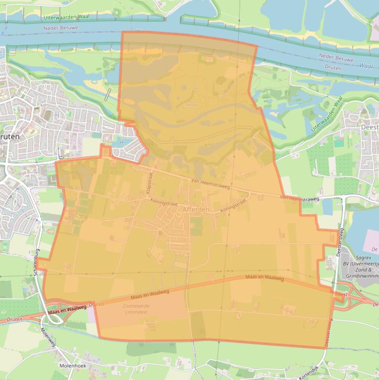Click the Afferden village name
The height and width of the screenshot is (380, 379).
tap(196, 209)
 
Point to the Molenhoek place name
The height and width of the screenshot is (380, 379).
tap(73, 366)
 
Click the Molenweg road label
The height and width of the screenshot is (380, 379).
tap(49, 338)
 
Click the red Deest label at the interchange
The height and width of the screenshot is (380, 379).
tap(341, 294)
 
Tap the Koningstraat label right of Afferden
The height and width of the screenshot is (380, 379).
tap(233, 207)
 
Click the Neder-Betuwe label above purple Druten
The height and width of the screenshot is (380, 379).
tap(337, 59)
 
